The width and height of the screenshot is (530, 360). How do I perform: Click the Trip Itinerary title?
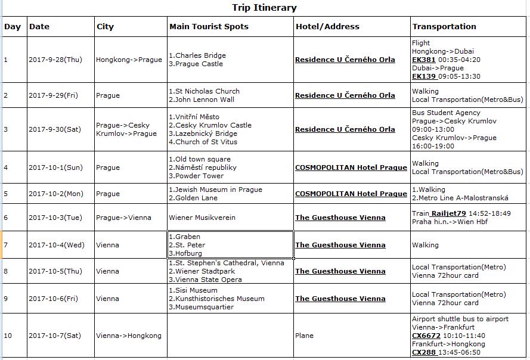(x=264, y=8)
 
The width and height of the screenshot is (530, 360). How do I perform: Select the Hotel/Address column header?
(x=327, y=27)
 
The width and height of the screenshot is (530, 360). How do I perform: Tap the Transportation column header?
(x=444, y=27)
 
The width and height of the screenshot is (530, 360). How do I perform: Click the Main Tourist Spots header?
(x=209, y=27)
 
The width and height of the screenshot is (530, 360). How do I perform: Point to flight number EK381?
(x=423, y=60)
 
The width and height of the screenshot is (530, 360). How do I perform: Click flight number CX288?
(x=423, y=352)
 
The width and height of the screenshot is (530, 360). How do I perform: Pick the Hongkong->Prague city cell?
(x=129, y=60)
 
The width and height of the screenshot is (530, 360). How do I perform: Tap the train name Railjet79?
(x=449, y=213)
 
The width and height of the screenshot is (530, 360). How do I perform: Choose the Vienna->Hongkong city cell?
(x=128, y=336)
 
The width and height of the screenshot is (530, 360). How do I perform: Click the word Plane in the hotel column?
(x=304, y=336)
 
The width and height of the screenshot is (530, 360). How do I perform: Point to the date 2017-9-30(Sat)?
(x=57, y=129)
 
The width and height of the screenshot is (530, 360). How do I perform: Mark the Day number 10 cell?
(x=8, y=336)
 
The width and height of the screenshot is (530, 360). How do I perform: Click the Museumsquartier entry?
(x=203, y=307)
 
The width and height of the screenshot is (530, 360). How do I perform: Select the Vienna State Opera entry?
(x=207, y=280)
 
